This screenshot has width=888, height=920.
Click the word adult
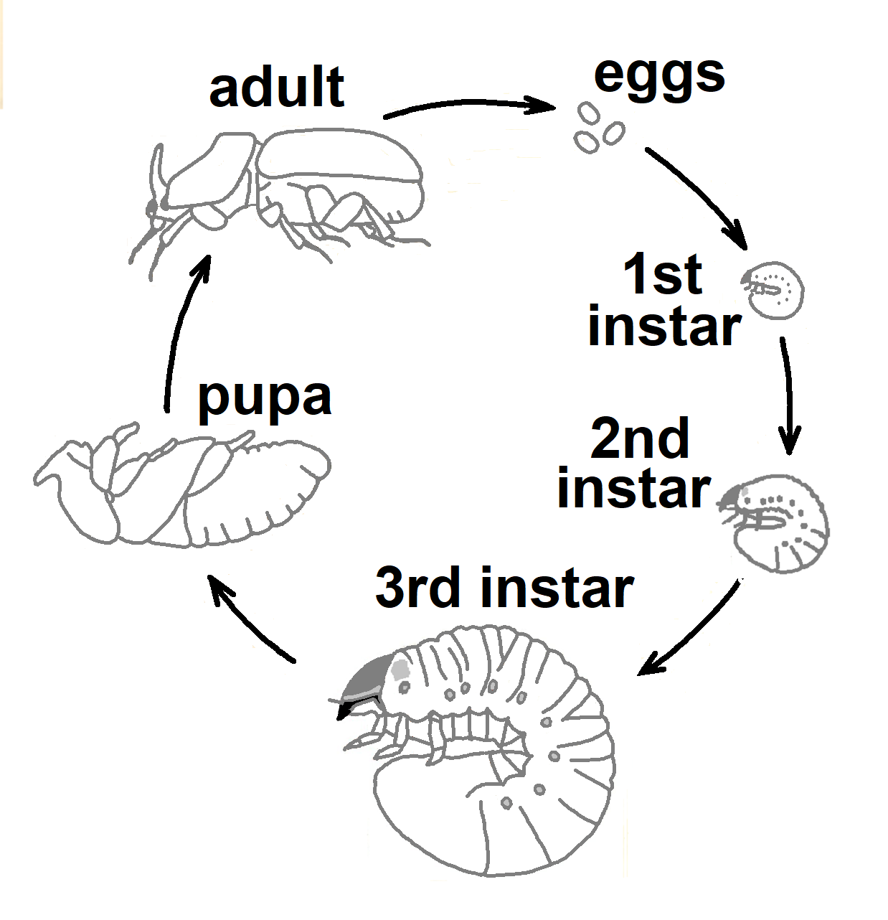tap(277, 88)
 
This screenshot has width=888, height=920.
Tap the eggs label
tap(659, 75)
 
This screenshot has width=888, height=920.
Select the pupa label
tap(265, 398)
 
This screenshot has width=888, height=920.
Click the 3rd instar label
tap(504, 588)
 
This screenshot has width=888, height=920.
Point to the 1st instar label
tap(663, 301)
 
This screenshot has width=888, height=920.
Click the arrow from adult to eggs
tap(469, 106)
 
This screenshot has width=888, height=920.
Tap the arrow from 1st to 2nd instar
tap(789, 395)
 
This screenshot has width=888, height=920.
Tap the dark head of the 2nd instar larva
tap(733, 497)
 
